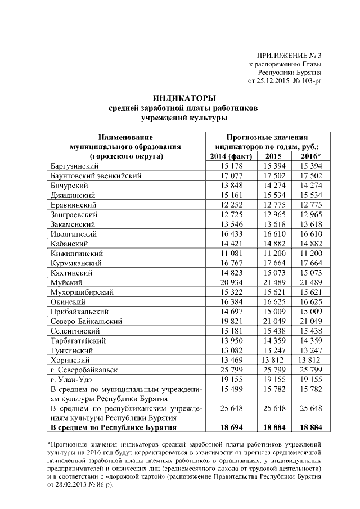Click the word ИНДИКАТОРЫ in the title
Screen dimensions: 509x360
(x=183, y=98)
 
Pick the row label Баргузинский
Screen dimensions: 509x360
(x=75, y=166)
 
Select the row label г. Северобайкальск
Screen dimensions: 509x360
(x=84, y=370)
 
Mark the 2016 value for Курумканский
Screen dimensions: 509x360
(x=310, y=263)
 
